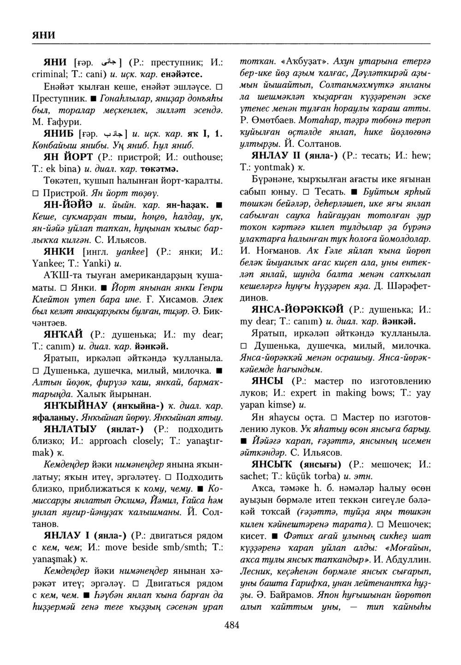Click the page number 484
tap(231, 625)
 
